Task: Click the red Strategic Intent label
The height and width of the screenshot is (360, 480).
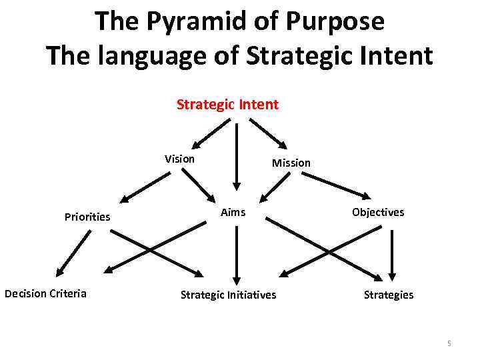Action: point(227,105)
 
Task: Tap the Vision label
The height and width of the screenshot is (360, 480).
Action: point(180,159)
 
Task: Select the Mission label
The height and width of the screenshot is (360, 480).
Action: point(291,163)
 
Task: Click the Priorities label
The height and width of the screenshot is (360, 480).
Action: point(87,217)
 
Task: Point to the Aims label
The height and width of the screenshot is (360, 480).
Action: point(233,212)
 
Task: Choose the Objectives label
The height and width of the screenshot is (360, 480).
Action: point(377,212)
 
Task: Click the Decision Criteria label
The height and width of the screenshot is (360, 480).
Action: point(45,293)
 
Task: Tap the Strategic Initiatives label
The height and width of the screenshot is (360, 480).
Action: point(228,295)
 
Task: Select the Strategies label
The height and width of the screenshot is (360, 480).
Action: point(388,295)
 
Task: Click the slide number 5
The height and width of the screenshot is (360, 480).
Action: point(449,343)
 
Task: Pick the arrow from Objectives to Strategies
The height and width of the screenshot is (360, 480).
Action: point(392,253)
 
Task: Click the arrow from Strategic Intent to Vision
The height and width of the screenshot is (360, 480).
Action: point(211,133)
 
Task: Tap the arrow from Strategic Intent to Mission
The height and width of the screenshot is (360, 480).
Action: point(268,133)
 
